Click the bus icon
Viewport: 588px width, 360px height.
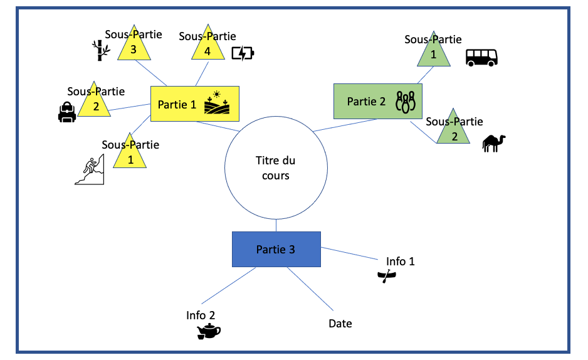tap(481, 57)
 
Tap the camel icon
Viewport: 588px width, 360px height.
tap(494, 144)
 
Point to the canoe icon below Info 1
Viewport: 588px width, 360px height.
tap(386, 275)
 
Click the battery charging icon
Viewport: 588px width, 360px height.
tap(243, 53)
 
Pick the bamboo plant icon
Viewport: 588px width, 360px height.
tap(97, 50)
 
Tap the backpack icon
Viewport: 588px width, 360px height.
tap(66, 113)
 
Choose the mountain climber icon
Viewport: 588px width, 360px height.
tap(90, 170)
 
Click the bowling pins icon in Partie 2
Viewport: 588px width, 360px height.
tap(406, 102)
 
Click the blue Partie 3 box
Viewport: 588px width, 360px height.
tap(276, 250)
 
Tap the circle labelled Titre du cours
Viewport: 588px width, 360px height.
tap(276, 168)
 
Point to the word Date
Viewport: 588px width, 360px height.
tap(340, 324)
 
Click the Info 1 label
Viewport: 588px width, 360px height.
tap(401, 261)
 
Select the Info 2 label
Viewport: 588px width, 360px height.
tap(201, 315)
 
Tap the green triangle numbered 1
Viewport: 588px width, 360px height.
tap(433, 55)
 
